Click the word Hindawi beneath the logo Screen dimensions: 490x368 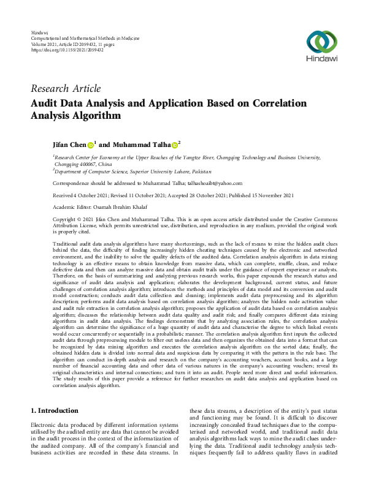tap(321, 61)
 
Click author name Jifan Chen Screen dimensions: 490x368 tap(69, 145)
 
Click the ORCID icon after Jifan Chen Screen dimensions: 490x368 tap(91, 145)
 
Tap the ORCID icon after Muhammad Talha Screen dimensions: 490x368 tap(174, 145)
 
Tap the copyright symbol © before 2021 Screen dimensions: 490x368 tap(79, 219)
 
